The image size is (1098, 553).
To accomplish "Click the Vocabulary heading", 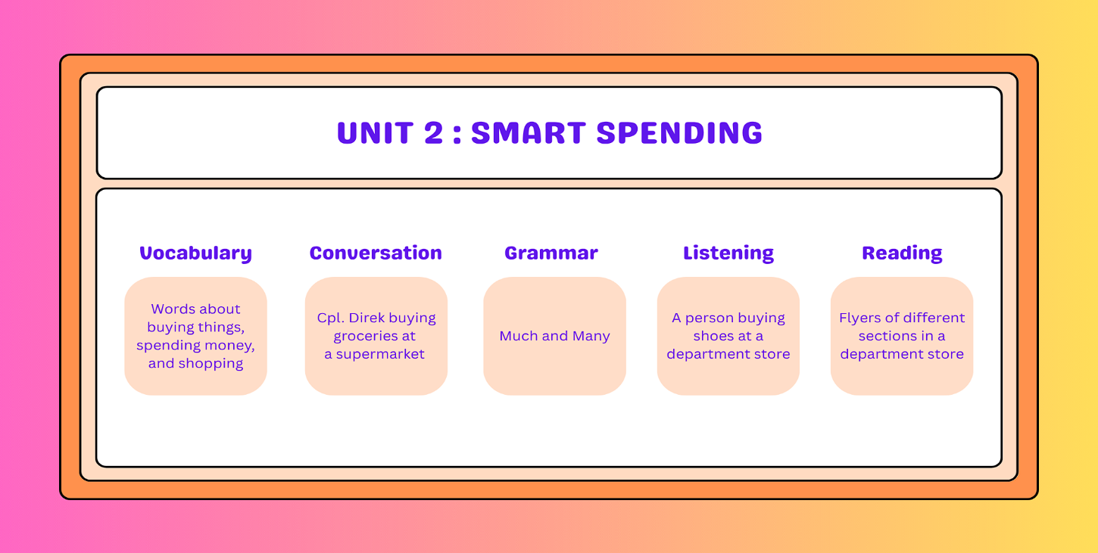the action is (195, 253).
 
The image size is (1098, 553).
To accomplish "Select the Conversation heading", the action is (376, 253).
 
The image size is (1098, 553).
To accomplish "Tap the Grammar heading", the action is (551, 253).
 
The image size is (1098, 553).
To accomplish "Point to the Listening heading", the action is (728, 253).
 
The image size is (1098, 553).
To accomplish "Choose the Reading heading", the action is (902, 253).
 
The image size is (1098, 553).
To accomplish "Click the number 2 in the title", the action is (434, 132).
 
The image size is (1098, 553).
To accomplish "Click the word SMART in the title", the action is (528, 132).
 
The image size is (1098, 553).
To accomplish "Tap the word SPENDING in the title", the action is (679, 132).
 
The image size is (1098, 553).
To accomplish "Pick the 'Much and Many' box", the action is (554, 336).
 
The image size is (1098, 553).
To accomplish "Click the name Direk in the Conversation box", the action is (377, 318).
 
